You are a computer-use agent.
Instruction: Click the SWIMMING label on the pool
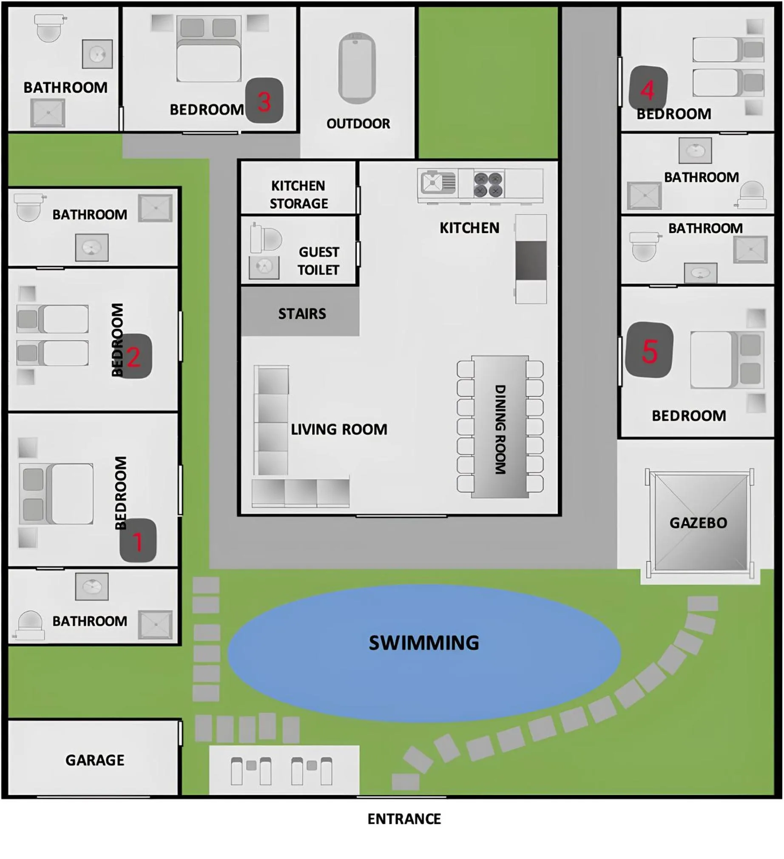pos(423,643)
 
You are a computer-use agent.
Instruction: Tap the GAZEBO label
pos(698,523)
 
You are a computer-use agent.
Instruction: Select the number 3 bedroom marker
pos(264,101)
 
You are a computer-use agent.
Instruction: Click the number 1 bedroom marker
pos(138,541)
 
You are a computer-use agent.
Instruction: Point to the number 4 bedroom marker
pos(648,89)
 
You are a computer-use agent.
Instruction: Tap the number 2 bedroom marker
pos(134,356)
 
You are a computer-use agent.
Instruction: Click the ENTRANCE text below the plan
pos(404,819)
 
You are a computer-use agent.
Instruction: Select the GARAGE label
pos(94,760)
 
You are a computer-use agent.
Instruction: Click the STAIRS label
pos(302,314)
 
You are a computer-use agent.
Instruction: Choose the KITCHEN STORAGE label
pos(298,194)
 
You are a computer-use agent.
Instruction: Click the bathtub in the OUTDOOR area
pos(357,68)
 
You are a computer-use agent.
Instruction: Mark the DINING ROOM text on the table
pos(500,429)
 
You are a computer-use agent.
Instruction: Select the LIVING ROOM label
pos(339,429)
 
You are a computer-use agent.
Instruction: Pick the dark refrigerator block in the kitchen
pos(531,261)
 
